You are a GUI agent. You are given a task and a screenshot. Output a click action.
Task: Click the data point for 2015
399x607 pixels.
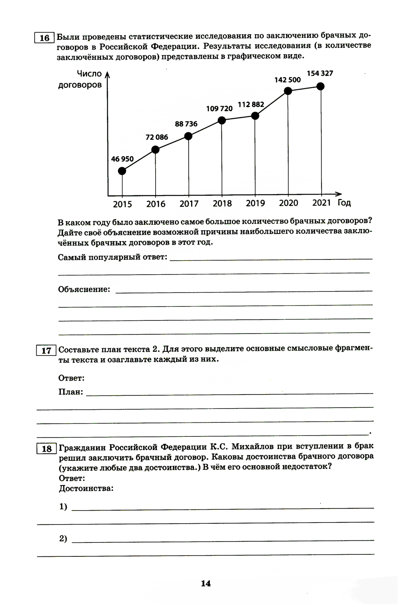click(x=122, y=171)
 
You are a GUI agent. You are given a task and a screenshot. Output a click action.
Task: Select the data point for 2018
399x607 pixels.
click(x=222, y=120)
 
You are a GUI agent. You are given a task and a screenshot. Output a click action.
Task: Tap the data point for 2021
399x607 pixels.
click(x=320, y=86)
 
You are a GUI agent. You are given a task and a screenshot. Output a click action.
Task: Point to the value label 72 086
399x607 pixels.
click(x=157, y=137)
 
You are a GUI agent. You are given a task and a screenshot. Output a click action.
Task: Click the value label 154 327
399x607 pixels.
click(x=320, y=73)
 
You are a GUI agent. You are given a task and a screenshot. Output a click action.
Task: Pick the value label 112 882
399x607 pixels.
click(x=251, y=104)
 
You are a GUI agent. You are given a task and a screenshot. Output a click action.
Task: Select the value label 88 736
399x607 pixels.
click(x=186, y=124)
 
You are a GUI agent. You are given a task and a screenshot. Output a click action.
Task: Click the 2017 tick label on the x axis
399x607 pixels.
click(x=189, y=204)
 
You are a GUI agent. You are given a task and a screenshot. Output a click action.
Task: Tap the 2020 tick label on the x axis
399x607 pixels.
click(x=288, y=203)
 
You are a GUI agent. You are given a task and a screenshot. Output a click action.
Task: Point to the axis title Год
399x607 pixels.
click(x=344, y=203)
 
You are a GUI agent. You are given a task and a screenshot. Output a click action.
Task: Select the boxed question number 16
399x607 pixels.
click(x=44, y=38)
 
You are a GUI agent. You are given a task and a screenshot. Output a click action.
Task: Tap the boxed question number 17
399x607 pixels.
click(x=46, y=350)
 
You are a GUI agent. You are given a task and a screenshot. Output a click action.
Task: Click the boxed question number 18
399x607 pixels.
click(x=47, y=449)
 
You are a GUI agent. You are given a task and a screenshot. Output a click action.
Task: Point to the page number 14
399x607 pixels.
click(x=205, y=583)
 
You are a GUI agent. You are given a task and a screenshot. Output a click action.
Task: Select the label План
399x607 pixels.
click(x=71, y=392)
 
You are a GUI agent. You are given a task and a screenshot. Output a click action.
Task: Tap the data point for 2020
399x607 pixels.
click(x=288, y=91)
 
